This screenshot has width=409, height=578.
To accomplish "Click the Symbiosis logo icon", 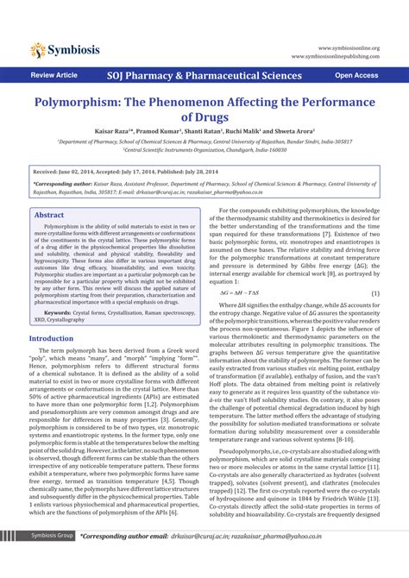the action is [37, 49].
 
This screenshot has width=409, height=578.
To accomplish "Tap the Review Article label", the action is [53, 76].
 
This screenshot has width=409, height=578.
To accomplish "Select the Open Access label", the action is [356, 76].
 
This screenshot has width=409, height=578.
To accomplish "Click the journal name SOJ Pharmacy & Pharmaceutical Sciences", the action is [204, 76].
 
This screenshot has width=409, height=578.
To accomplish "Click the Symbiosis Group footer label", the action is [53, 560].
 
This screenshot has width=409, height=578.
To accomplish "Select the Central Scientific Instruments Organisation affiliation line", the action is [204, 148].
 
